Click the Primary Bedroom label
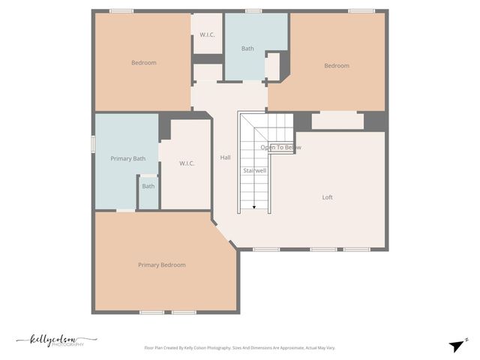click(x=161, y=265)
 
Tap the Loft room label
click(x=327, y=197)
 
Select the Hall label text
click(x=225, y=157)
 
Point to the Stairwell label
click(x=254, y=170)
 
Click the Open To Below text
click(x=280, y=148)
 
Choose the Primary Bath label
click(x=127, y=158)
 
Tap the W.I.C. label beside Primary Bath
click(x=187, y=163)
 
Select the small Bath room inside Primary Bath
click(x=148, y=187)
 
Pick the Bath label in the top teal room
click(x=247, y=49)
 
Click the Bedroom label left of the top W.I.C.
click(x=144, y=62)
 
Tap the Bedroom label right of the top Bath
click(x=336, y=65)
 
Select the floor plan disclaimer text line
click(x=239, y=348)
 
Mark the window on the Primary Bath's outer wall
click(x=94, y=143)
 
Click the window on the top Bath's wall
click(x=253, y=10)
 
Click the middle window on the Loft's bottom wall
click(x=323, y=249)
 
